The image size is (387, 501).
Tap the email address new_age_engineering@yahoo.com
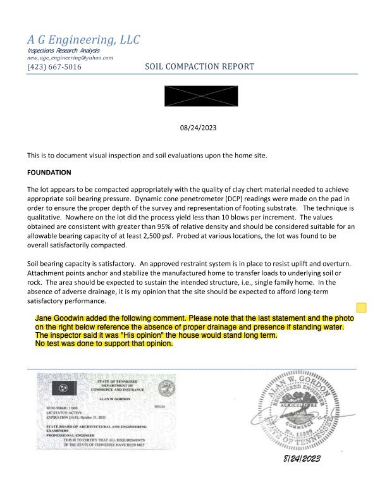tap(70, 58)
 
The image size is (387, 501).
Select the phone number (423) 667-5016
tap(54, 66)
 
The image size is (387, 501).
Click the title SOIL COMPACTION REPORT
tap(200, 66)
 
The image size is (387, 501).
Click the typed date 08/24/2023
tap(199, 128)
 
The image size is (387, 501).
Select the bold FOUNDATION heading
tap(49, 172)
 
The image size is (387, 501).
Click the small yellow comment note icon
tap(361, 308)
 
